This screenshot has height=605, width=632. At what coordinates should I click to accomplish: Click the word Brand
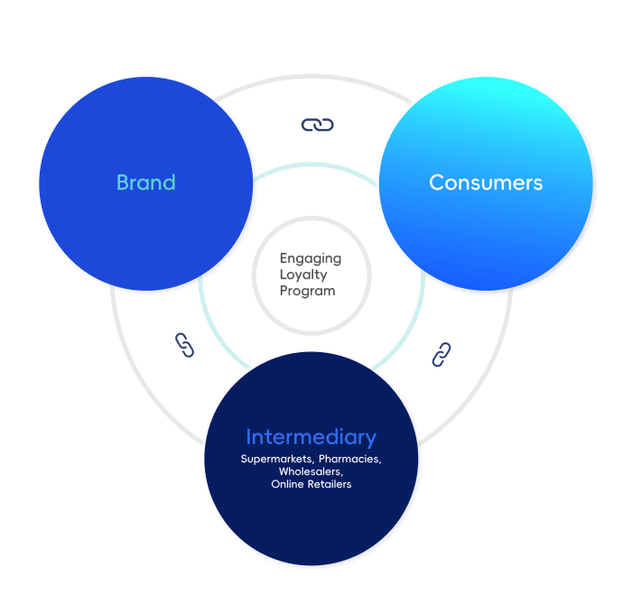[x=145, y=182]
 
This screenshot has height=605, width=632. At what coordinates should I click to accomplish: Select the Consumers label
[x=486, y=182]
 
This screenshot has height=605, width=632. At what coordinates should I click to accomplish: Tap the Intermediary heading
[x=311, y=438]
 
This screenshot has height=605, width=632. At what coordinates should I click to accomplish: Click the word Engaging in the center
[x=311, y=258]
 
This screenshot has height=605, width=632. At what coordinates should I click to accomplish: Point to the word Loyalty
[x=303, y=275]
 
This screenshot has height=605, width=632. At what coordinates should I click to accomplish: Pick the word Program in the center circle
[x=307, y=291]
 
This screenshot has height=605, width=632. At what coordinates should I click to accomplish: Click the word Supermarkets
[x=276, y=460]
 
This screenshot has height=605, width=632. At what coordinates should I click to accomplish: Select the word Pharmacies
[x=350, y=460]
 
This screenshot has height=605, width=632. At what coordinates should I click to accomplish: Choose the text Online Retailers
[x=311, y=485]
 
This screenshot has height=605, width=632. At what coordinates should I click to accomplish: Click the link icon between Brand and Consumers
[x=317, y=125]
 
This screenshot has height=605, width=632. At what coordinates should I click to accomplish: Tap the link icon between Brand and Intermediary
[x=184, y=345]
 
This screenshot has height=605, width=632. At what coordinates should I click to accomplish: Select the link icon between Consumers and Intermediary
[x=441, y=354]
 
